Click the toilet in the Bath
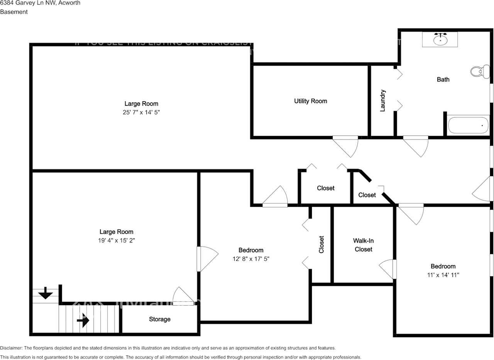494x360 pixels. pyautogui.click(x=477, y=71)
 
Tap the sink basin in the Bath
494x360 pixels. pyautogui.click(x=440, y=39)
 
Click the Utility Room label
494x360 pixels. pyautogui.click(x=310, y=101)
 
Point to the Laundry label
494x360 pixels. pyautogui.click(x=383, y=101)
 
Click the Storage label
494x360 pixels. pyautogui.click(x=160, y=319)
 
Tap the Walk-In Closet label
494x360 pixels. pyautogui.click(x=364, y=245)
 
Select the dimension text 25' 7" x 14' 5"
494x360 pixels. pyautogui.click(x=141, y=112)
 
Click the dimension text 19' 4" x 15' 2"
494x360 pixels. pyautogui.click(x=117, y=240)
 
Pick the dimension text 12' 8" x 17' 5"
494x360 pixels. pyautogui.click(x=251, y=259)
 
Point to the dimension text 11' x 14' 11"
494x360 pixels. pyautogui.click(x=443, y=275)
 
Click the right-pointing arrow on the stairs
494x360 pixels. pyautogui.click(x=83, y=320)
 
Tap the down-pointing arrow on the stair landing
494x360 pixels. pyautogui.click(x=46, y=294)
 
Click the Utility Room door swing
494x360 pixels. pyautogui.click(x=346, y=146)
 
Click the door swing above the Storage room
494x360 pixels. pyautogui.click(x=182, y=297)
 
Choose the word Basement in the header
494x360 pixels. pyautogui.click(x=14, y=12)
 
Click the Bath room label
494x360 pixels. pyautogui.click(x=443, y=80)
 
